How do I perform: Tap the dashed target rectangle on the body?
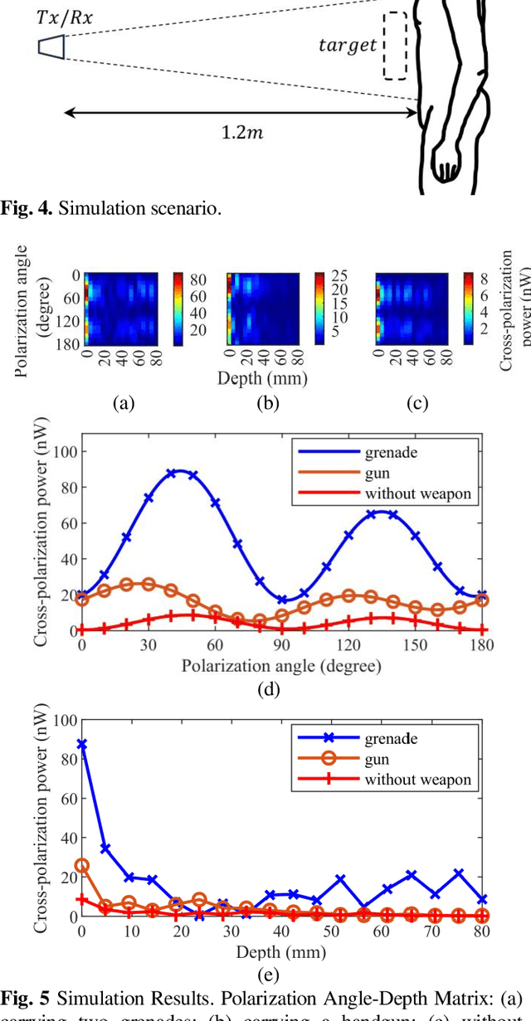pyautogui.click(x=395, y=46)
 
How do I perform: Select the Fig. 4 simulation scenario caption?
pyautogui.click(x=111, y=208)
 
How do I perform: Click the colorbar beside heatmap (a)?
pyautogui.click(x=179, y=307)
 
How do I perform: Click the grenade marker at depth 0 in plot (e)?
pyautogui.click(x=81, y=744)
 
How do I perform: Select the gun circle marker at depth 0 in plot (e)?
pyautogui.click(x=81, y=865)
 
